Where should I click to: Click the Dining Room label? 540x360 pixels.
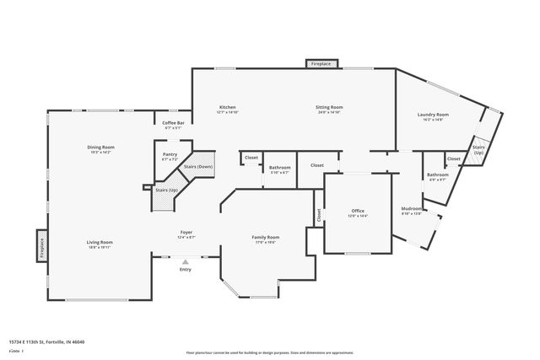[x=100, y=147]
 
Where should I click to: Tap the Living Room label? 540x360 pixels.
[x=100, y=242]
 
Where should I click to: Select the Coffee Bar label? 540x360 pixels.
[x=174, y=123]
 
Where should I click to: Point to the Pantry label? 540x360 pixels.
[x=170, y=154]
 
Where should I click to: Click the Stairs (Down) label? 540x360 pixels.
[x=198, y=167]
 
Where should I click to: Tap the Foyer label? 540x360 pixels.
[x=186, y=232]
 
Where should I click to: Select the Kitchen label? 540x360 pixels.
[x=228, y=107]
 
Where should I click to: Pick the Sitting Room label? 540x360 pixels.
[x=329, y=107]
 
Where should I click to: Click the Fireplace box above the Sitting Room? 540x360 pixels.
[x=321, y=63]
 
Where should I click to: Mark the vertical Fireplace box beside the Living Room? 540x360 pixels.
[x=41, y=247]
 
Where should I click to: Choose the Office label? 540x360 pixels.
[x=358, y=211]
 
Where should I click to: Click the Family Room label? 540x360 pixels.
[x=265, y=237]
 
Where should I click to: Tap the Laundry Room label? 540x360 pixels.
[x=433, y=114]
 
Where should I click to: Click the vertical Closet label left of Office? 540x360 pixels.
[x=319, y=216]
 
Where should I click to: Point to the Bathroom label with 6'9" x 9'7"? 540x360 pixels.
[x=438, y=175]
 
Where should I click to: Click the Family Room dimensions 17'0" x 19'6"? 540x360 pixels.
[x=265, y=243]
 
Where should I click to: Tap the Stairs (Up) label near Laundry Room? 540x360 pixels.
[x=478, y=149]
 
